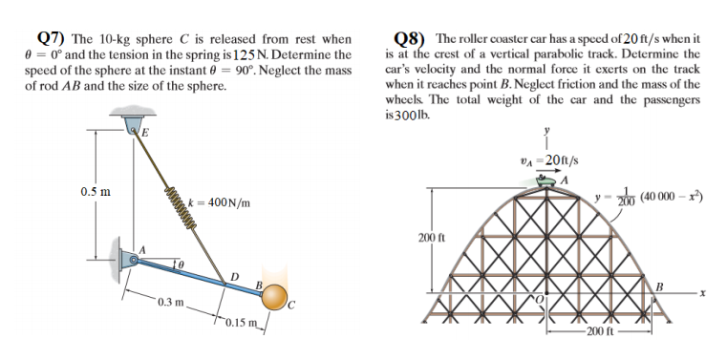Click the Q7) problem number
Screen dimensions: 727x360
click(49, 39)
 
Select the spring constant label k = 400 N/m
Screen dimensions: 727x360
click(221, 202)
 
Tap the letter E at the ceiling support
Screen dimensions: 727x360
click(146, 133)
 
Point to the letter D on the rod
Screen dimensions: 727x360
click(233, 277)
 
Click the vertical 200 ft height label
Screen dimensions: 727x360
click(426, 236)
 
